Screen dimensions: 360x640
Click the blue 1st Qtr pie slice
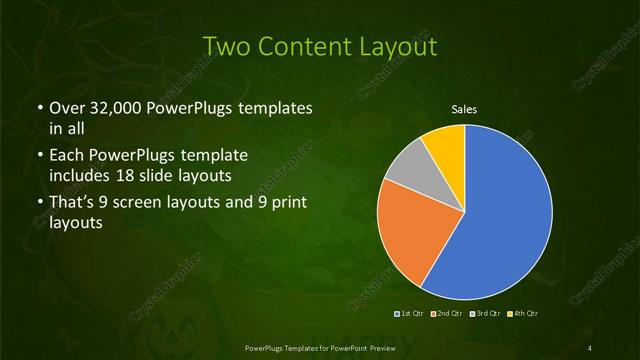(505, 215)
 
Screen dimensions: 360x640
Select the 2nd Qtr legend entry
(448, 314)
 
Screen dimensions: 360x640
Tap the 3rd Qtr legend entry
(486, 314)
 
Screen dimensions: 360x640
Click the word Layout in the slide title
(402, 45)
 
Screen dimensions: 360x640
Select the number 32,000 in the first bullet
(111, 108)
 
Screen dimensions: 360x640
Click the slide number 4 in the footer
(590, 346)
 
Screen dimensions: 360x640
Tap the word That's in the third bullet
(72, 204)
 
